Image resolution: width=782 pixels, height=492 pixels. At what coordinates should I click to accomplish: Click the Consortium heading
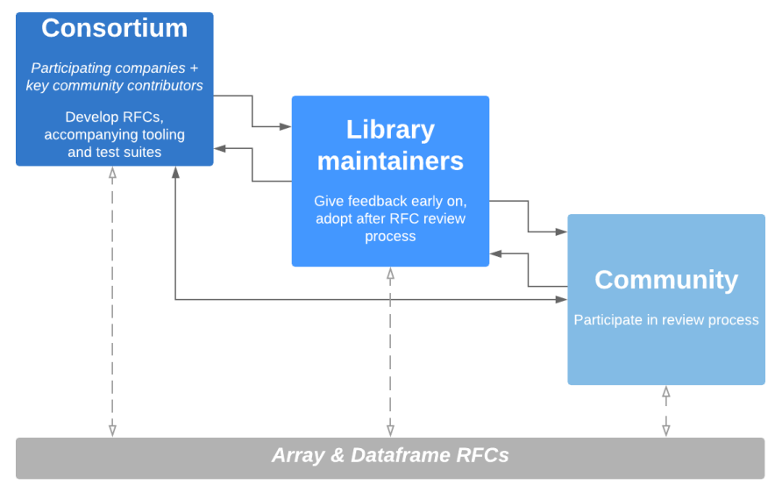coord(114,28)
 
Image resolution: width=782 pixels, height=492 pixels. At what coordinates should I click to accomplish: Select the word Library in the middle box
coord(390,131)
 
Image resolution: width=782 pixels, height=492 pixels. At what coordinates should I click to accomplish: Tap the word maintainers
coord(390,161)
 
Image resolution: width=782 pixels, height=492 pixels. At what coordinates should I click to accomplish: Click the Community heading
coord(666,280)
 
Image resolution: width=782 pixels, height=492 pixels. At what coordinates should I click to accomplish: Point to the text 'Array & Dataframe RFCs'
coord(390,455)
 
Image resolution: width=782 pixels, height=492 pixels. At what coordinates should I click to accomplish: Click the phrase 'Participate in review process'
coord(666,320)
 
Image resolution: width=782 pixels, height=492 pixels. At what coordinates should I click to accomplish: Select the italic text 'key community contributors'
coord(114,86)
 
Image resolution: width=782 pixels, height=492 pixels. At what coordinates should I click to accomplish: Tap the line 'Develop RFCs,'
coord(114,118)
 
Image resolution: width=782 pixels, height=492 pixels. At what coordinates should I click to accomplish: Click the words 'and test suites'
coord(114,153)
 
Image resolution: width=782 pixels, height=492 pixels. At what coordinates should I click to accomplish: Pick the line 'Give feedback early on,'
coord(390,201)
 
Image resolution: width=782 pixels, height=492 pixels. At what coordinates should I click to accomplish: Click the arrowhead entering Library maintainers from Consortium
coord(285,127)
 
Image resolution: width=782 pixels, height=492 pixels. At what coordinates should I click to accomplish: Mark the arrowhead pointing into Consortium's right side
coord(220,148)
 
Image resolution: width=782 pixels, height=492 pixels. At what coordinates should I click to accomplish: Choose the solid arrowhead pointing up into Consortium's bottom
coord(175,172)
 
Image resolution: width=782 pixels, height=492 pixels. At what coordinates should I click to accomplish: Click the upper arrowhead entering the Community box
coord(561,232)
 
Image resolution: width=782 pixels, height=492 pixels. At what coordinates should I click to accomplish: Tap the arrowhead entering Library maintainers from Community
coord(495,253)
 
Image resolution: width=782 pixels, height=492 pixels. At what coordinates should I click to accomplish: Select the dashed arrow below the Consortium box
coord(113,302)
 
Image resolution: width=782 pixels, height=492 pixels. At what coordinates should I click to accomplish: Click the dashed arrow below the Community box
coord(666,411)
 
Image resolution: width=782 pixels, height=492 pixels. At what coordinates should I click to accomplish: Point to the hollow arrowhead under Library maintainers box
coord(390,274)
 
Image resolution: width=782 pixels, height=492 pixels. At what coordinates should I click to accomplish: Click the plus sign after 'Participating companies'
coord(194,68)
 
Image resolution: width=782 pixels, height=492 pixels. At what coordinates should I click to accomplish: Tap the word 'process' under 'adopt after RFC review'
coord(390,237)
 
